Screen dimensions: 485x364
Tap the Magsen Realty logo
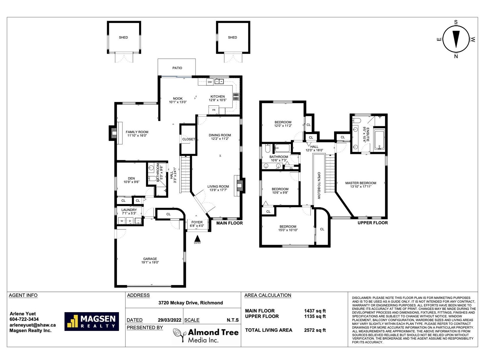[92, 321]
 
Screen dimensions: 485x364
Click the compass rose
[456, 39]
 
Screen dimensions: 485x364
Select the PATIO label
[177, 68]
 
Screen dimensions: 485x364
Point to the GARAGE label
[150, 259]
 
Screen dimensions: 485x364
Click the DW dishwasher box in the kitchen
[210, 82]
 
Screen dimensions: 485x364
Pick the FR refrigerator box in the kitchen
[214, 110]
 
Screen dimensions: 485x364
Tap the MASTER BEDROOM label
[361, 183]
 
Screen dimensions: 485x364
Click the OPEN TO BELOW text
[319, 185]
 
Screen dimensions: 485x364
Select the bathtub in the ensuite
[380, 140]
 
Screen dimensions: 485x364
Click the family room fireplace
[113, 133]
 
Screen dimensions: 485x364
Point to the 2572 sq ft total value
[315, 330]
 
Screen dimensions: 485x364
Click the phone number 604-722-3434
[24, 319]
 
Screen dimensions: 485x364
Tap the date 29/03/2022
[169, 320]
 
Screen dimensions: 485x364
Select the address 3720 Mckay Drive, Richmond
[191, 303]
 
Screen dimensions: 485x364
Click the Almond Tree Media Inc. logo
[206, 335]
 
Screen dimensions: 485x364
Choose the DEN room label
[131, 178]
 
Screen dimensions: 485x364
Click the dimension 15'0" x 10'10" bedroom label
[288, 230]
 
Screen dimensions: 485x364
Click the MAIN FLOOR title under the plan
[229, 223]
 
